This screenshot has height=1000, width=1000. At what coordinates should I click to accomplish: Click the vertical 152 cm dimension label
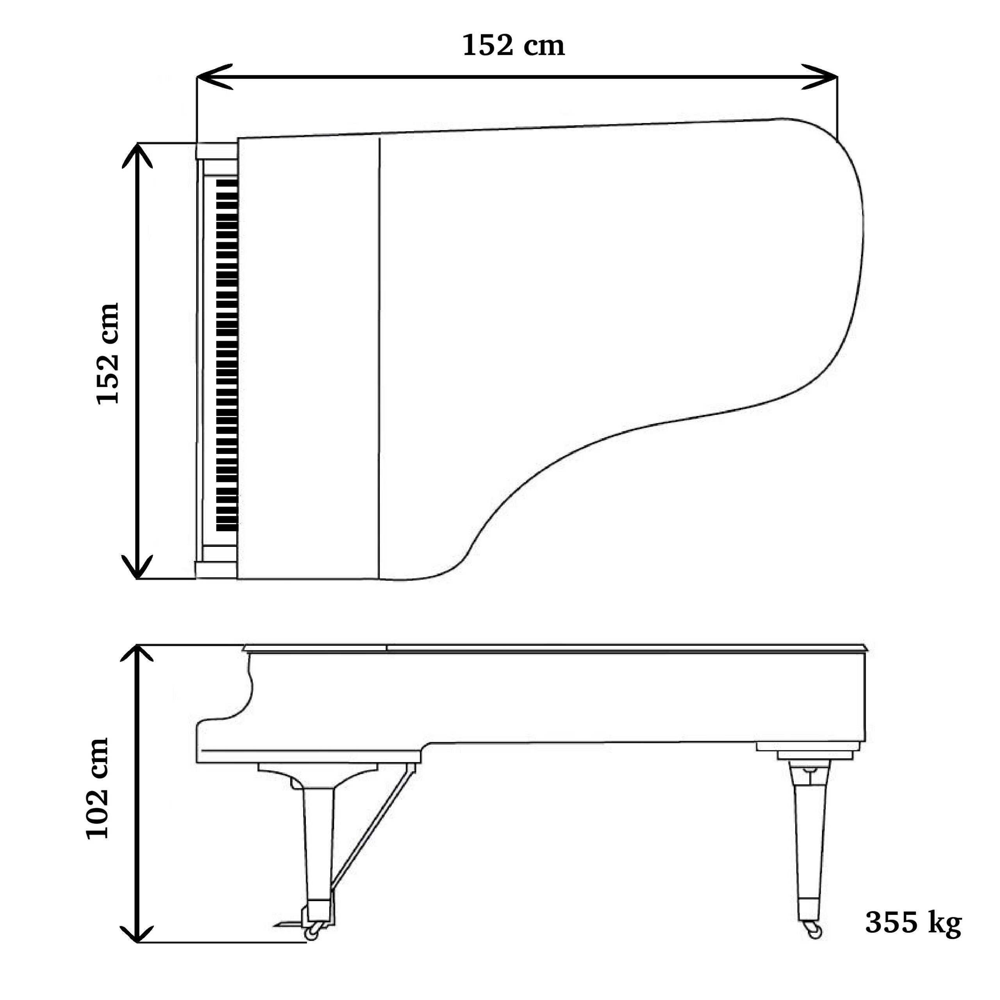pos(108,353)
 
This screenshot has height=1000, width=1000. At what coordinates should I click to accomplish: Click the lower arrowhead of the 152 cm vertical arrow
pos(137,566)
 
